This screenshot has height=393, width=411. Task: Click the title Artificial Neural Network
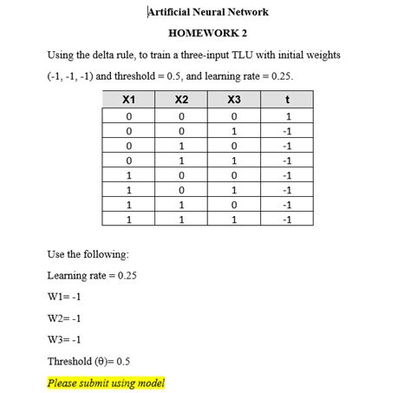[208, 12]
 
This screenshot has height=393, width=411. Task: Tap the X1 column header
[128, 101]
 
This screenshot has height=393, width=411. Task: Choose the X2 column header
[181, 101]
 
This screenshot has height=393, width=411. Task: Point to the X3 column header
[234, 101]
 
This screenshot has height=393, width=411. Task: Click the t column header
[286, 101]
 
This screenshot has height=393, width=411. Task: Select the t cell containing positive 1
[286, 116]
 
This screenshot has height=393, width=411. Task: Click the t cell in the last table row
[286, 220]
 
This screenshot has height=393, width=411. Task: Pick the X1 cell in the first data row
[128, 116]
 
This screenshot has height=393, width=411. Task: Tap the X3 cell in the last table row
[234, 220]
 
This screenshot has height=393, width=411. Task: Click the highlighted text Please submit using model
[106, 383]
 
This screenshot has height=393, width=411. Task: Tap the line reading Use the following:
[88, 255]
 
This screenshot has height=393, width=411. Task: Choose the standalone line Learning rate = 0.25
[92, 276]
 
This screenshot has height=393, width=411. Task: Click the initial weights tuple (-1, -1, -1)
[74, 76]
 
